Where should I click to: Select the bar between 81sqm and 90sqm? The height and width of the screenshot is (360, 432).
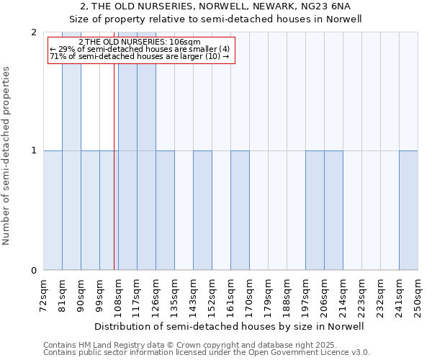[x=71, y=151]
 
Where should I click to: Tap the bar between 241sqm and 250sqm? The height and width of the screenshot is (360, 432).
[x=408, y=210]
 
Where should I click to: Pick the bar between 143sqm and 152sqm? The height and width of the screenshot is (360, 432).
[x=202, y=210]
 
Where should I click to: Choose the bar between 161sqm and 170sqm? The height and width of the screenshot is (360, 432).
[x=240, y=210]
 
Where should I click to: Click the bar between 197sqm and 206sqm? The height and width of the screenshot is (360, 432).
[x=315, y=210]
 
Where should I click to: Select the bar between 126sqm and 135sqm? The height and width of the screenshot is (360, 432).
[x=165, y=210]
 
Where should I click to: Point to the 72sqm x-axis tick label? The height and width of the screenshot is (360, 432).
[x=43, y=293]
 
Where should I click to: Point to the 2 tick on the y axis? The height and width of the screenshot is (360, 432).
[x=34, y=32]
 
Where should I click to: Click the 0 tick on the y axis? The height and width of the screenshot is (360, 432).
[x=34, y=270]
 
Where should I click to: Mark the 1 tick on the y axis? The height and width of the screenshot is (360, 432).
[x=34, y=151]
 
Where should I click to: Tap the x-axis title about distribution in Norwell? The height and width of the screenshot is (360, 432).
[x=229, y=326]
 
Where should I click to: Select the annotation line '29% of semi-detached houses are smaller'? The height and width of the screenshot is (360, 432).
[x=140, y=49]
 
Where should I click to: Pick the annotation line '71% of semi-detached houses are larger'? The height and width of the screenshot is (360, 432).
[x=140, y=56]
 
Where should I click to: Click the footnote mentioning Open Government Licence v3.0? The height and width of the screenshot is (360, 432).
[x=207, y=353]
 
